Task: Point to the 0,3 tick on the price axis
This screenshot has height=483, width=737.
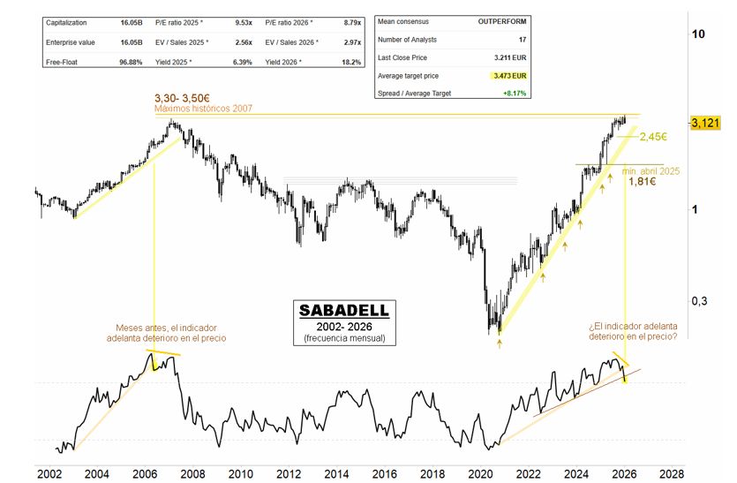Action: (699, 301)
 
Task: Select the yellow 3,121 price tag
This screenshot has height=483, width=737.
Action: (706, 123)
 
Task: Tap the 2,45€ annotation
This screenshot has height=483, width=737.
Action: (652, 137)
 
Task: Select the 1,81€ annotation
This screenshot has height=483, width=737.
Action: (642, 182)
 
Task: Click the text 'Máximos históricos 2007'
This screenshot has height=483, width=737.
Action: (204, 109)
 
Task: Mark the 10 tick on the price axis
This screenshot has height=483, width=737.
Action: (698, 34)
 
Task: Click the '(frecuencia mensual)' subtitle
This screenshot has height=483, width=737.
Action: (342, 339)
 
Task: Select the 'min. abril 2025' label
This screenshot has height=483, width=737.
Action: (651, 170)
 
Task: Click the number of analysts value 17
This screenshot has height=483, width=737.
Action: (523, 40)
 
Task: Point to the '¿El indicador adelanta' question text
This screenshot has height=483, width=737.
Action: (633, 326)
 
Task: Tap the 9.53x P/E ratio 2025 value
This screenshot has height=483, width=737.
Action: (241, 21)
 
